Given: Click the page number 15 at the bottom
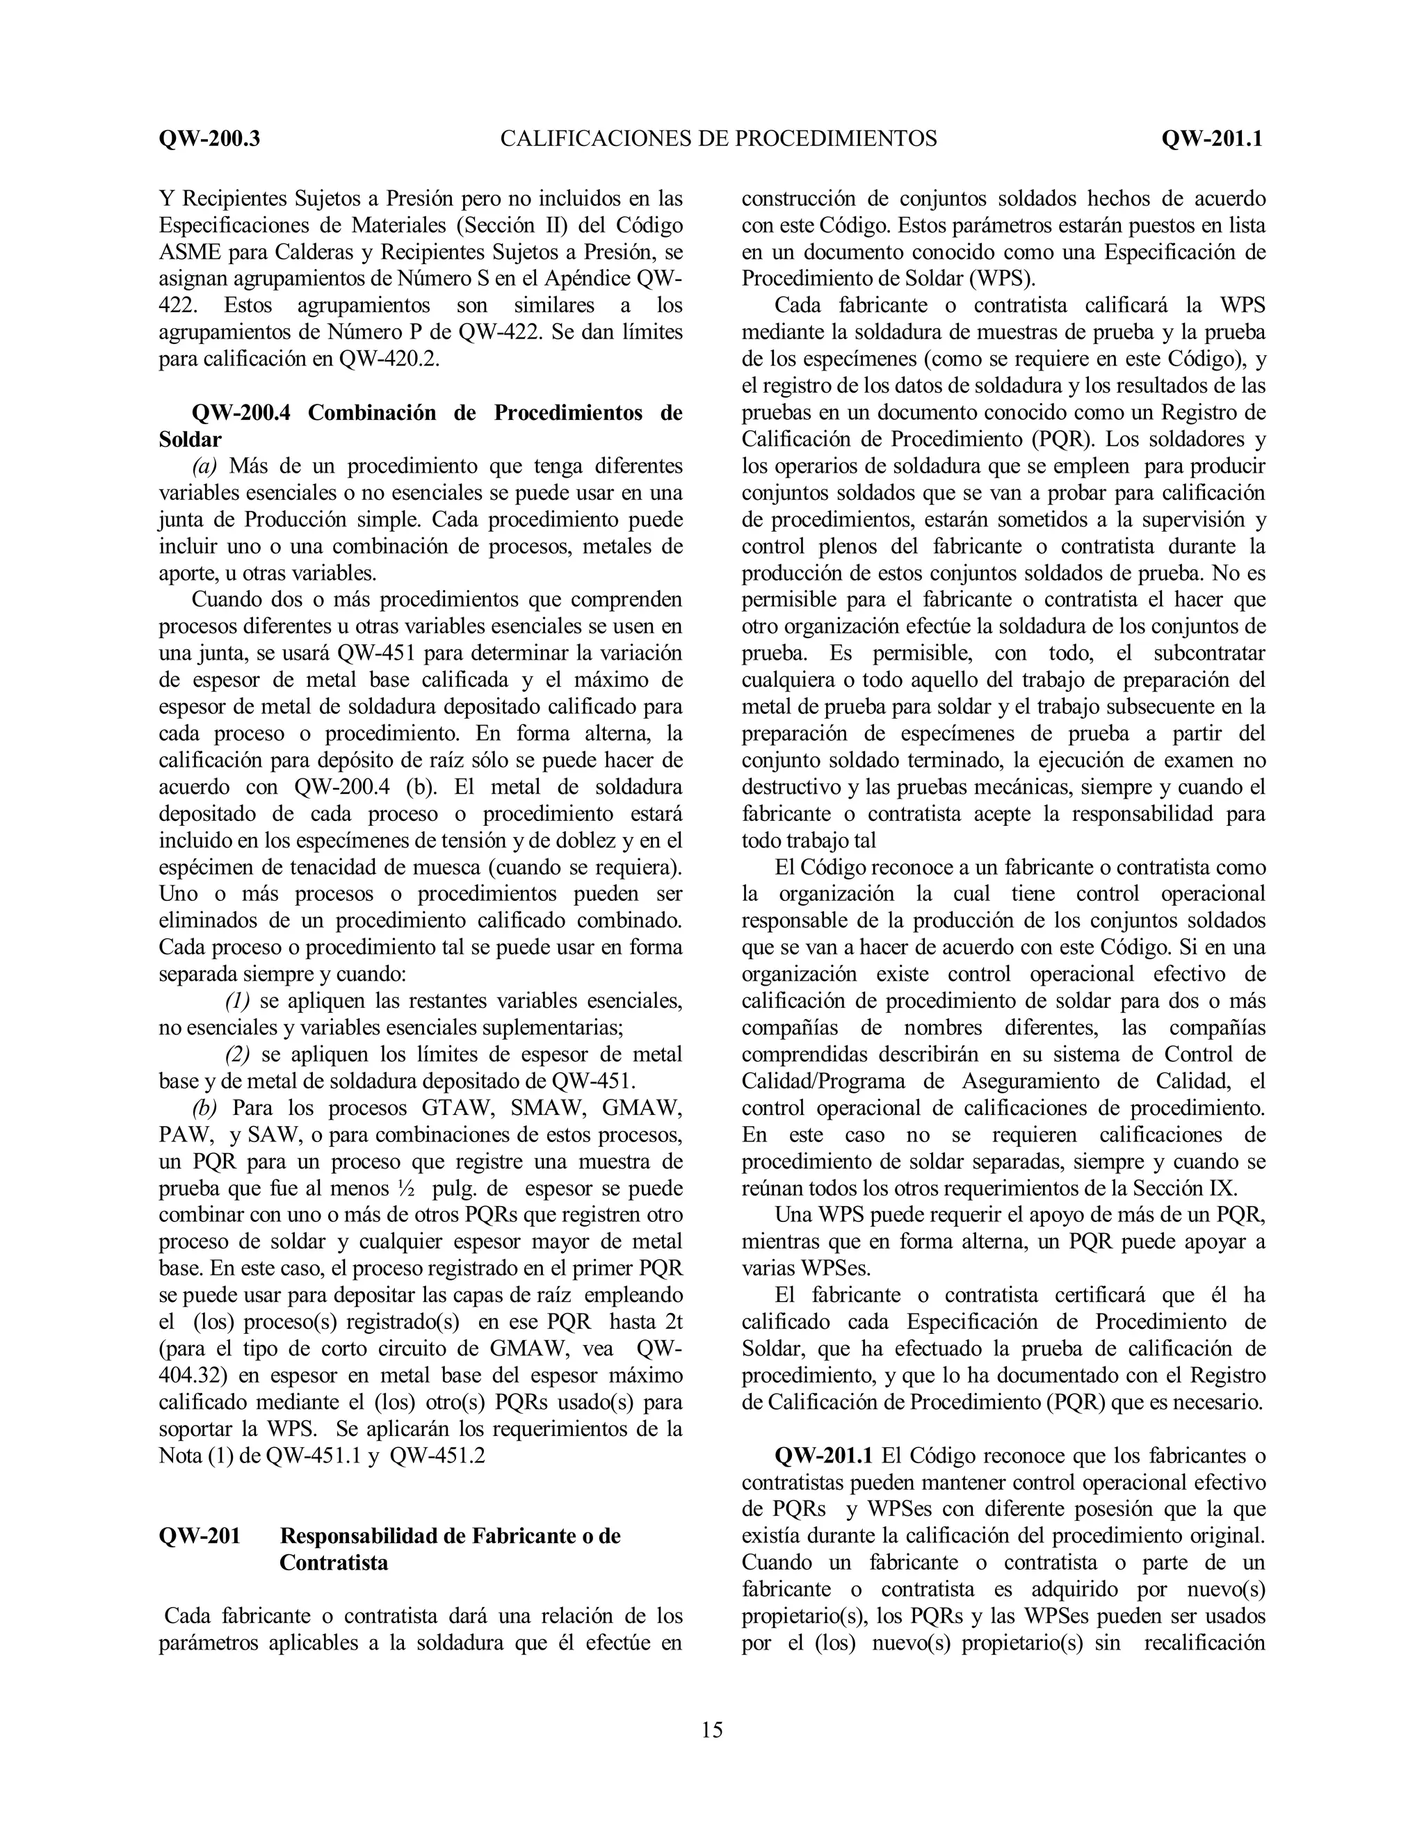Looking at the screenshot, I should [711, 1730].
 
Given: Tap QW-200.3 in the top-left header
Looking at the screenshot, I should [209, 138].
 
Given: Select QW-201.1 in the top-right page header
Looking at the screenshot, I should [1211, 138].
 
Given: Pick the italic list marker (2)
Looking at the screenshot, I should [237, 1054].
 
